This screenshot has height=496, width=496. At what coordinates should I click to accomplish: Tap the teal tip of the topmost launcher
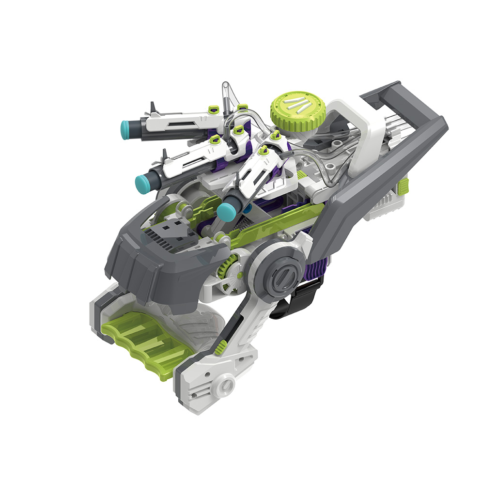click(125, 128)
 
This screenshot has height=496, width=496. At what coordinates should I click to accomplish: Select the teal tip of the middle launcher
click(142, 183)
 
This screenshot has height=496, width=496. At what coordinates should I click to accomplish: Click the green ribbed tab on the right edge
click(404, 185)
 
